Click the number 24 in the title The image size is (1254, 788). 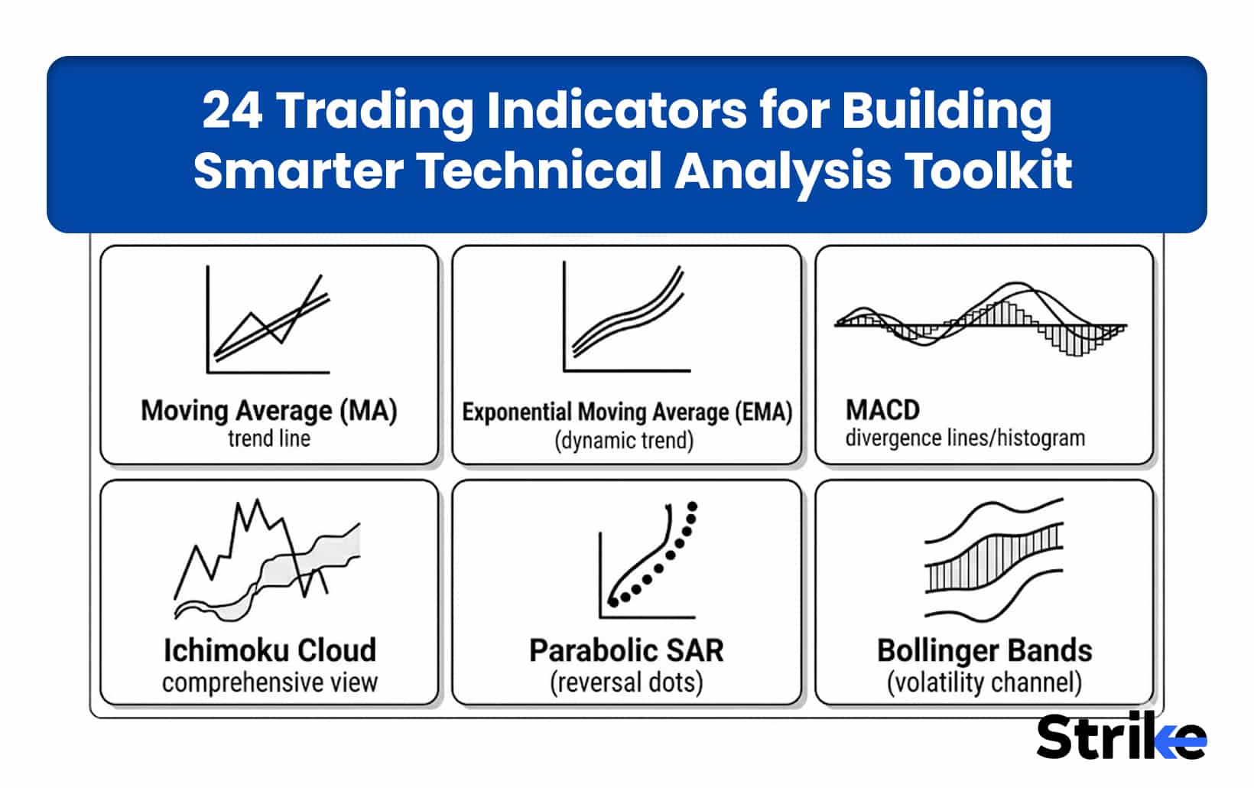point(232,110)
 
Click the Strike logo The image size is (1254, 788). point(1121,738)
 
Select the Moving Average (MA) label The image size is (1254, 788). point(269,411)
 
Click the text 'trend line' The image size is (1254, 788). point(269,439)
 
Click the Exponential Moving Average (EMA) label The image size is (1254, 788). point(627,412)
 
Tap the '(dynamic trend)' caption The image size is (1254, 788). point(624,441)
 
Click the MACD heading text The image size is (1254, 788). point(882,410)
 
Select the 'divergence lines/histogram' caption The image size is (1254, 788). point(965,438)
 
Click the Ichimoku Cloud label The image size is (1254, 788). point(270,650)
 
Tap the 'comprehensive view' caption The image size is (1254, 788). point(270,682)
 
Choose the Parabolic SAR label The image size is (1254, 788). point(626,651)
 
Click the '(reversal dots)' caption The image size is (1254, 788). point(626,682)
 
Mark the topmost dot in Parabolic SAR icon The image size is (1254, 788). point(693,506)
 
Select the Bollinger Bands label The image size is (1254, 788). point(985,651)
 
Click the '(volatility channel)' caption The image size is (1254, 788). point(985,682)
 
